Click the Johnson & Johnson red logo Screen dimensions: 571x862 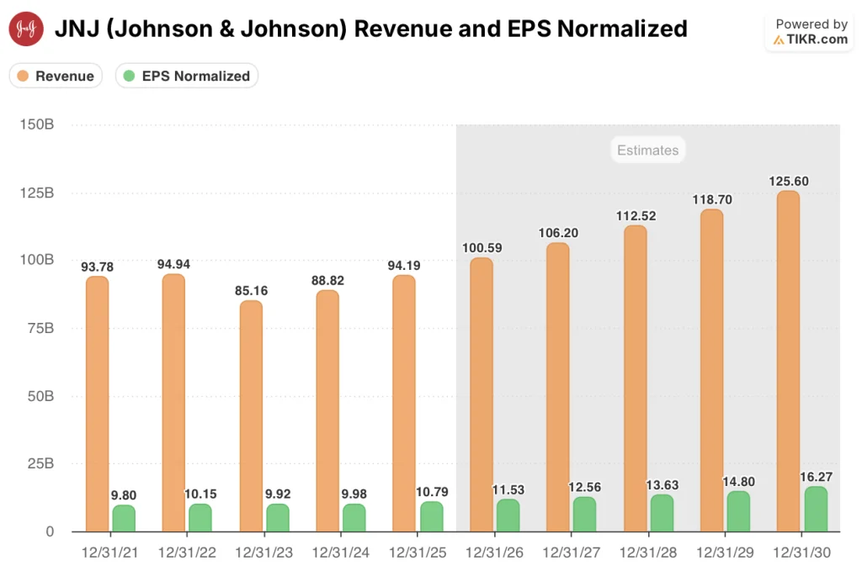26,29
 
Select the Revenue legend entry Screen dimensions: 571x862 56,76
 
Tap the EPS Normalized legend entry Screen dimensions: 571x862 186,76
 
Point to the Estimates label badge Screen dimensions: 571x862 647,151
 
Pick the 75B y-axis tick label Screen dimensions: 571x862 39,328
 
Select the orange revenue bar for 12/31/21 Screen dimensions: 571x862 98,404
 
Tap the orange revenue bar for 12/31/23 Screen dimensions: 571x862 251,416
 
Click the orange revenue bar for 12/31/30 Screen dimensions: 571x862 789,362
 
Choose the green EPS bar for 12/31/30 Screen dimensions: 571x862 816,509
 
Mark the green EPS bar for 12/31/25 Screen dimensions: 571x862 431,516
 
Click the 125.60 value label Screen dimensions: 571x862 789,181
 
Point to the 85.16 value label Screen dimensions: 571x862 251,291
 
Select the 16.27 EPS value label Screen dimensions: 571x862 817,477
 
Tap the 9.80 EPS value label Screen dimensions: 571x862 125,495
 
